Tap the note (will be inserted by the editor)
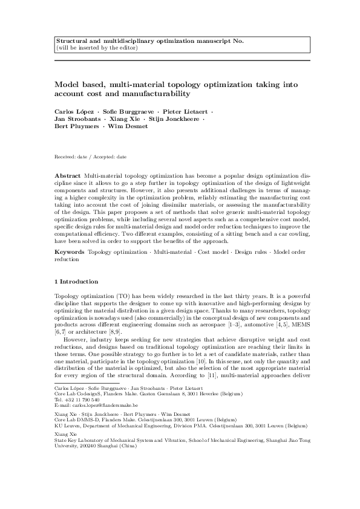96,47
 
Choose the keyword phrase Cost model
218,251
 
